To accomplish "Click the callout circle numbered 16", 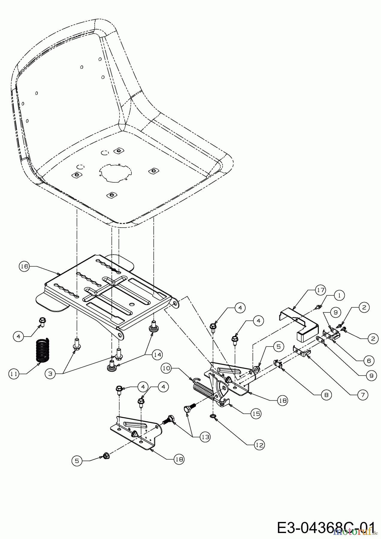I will point(24,266).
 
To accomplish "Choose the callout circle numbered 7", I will point(363,395).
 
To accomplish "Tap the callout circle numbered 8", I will point(326,395).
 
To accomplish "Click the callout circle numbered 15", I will point(256,414).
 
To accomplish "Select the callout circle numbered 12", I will point(259,445).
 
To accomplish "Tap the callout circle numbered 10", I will point(167,368).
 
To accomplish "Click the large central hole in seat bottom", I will point(116,172).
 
